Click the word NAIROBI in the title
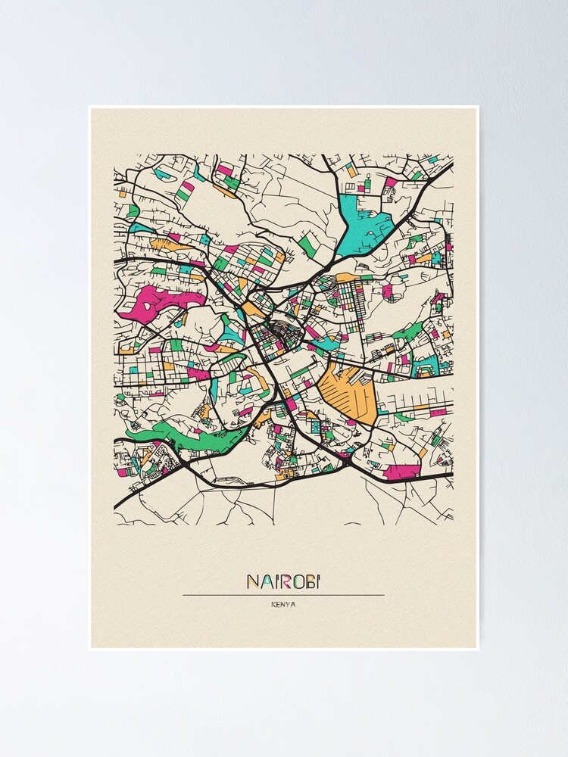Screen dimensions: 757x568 point(283,581)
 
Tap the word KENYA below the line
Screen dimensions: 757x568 point(283,604)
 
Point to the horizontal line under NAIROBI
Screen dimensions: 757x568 point(283,595)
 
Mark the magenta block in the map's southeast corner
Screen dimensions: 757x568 point(401,472)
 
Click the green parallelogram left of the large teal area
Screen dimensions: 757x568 point(308,244)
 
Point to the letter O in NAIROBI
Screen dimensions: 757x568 point(297,581)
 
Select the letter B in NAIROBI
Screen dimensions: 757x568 point(310,581)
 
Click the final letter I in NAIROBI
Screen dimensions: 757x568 point(319,581)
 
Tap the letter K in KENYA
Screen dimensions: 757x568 point(272,604)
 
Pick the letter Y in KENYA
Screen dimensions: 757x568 point(289,604)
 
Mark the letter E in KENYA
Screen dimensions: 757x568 point(277,604)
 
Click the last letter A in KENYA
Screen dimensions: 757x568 point(295,604)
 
